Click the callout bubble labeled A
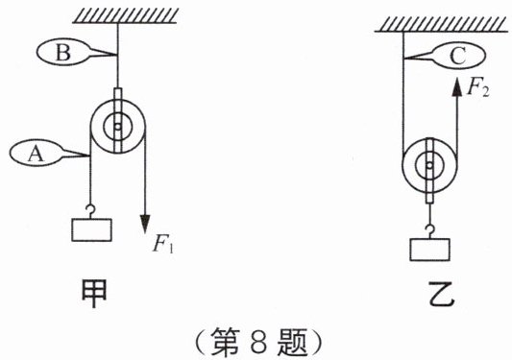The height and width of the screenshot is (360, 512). (36, 153)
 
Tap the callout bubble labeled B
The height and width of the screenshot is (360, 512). (62, 52)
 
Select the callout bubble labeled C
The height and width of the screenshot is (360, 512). (458, 57)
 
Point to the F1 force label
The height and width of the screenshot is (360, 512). (163, 243)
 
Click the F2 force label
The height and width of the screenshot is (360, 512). (478, 87)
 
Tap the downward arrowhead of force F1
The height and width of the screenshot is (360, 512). (145, 224)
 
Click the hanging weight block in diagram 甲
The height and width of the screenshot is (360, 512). (92, 229)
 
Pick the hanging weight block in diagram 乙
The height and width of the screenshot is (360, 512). (430, 250)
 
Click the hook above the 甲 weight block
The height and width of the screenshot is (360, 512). (90, 211)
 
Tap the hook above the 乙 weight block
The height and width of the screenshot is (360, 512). (429, 231)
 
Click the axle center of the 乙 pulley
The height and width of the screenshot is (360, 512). (429, 165)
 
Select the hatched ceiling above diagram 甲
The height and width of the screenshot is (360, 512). (125, 15)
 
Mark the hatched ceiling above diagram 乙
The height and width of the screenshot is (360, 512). (442, 24)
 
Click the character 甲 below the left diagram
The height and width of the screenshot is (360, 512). (94, 294)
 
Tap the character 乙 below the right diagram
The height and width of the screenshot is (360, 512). (442, 294)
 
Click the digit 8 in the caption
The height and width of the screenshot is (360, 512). (259, 343)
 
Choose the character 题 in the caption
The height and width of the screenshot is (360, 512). (293, 342)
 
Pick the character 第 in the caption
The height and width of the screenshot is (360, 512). (226, 342)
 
